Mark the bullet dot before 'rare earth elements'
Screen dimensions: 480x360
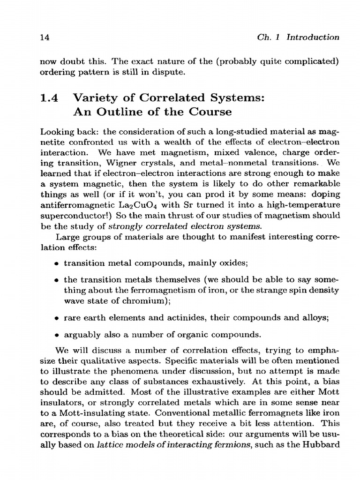point(57,317)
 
